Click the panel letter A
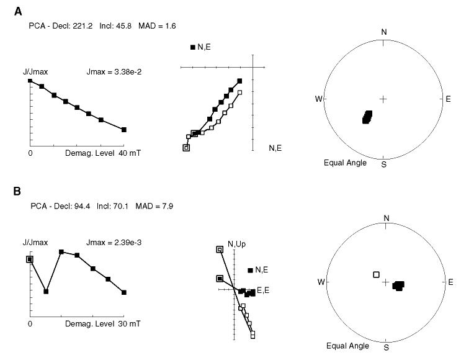(18, 11)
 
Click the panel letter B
(17, 191)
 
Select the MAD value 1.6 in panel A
(171, 26)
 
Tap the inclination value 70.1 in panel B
(122, 206)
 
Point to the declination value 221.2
(83, 26)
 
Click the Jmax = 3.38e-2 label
(114, 72)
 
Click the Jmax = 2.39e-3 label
(114, 243)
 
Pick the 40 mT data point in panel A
(124, 130)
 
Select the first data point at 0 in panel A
(30, 81)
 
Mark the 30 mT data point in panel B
(124, 292)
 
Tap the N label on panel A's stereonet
(384, 32)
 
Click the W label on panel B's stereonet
(321, 282)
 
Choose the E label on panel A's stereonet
(448, 99)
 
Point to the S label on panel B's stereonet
(387, 348)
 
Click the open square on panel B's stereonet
(376, 275)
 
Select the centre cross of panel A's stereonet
(383, 99)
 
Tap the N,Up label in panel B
(236, 244)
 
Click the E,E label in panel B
(263, 290)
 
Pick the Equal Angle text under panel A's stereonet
(345, 163)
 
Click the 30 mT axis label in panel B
(129, 324)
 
